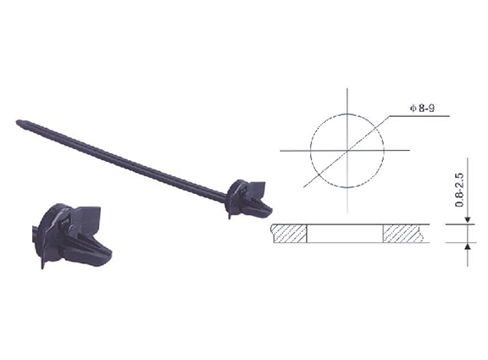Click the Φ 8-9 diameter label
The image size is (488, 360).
coord(422,108)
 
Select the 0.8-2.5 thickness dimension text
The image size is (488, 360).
coord(459,190)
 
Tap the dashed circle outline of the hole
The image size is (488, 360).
coord(311,151)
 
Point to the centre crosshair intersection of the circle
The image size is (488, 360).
coord(347,151)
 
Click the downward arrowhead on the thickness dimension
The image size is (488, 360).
coord(468,220)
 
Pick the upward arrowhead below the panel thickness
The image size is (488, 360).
coord(468,246)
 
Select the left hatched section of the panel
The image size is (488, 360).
coord(289,233)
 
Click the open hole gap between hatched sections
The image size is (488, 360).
coord(345,233)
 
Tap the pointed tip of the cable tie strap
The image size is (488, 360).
coord(18,122)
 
